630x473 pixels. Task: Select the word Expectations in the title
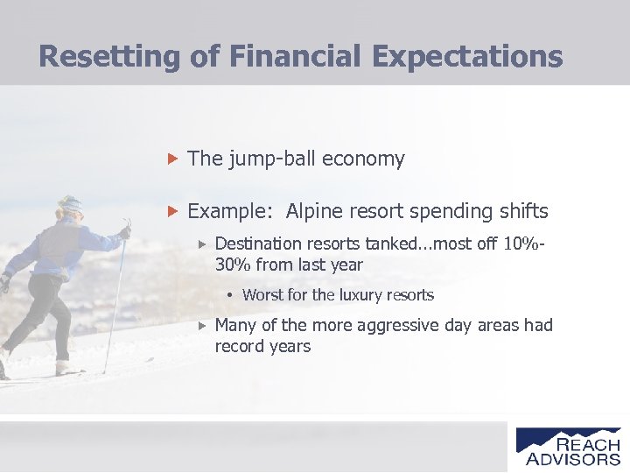(467, 56)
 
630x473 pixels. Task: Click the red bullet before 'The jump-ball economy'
(172, 159)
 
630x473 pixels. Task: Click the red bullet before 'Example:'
(172, 211)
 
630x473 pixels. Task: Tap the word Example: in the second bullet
(228, 211)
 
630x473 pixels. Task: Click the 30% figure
(233, 265)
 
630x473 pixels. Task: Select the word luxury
(366, 295)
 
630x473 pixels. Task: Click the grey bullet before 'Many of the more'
(200, 325)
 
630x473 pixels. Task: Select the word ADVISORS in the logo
(573, 458)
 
